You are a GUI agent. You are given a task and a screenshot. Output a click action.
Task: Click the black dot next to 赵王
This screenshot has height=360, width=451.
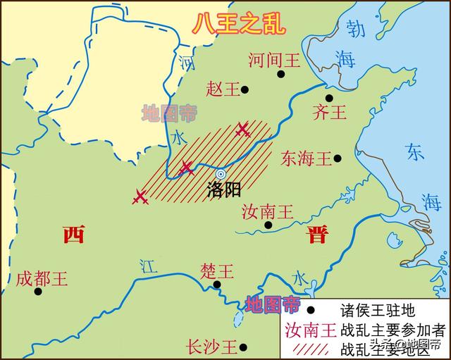coord(245,89)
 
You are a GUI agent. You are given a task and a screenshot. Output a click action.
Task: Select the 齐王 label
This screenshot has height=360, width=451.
coord(329,113)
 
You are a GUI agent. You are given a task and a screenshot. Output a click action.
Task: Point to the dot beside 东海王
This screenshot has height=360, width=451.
coord(338,159)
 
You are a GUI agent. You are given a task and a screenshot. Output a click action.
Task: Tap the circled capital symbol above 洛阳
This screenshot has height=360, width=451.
coord(221,173)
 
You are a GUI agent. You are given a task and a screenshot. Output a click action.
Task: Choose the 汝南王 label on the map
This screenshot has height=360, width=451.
coord(267,211)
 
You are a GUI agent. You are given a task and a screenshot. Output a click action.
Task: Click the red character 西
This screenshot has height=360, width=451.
coord(73,235)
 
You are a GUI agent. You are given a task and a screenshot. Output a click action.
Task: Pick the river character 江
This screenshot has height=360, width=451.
coord(147,266)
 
